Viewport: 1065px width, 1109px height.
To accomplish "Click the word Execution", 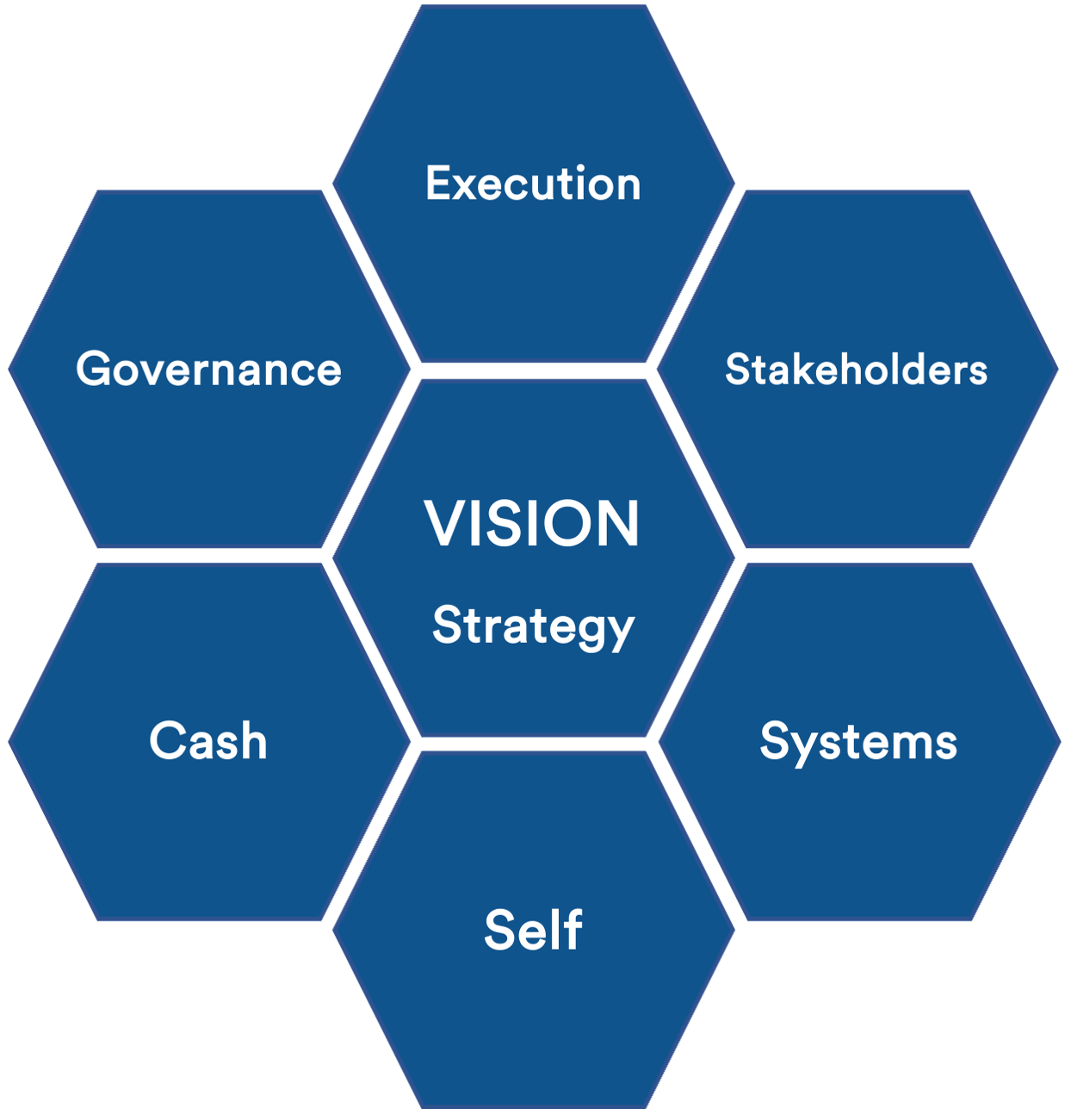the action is pyautogui.click(x=533, y=184).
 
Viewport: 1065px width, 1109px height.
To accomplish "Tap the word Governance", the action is pyautogui.click(x=208, y=370).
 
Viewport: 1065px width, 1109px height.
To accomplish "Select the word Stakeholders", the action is pyautogui.click(x=856, y=370).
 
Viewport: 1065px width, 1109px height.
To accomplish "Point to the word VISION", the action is pyautogui.click(x=532, y=523).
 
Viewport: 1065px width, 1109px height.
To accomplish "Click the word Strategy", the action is pyautogui.click(x=533, y=626).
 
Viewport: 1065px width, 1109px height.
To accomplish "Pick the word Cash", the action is pyautogui.click(x=208, y=741).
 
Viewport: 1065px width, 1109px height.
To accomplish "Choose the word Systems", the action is pyautogui.click(x=858, y=742).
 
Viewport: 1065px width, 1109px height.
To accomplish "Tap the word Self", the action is pyautogui.click(x=533, y=930).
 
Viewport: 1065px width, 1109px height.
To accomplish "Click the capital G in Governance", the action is pyautogui.click(x=95, y=370).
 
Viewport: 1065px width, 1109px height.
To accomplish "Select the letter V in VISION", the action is pyautogui.click(x=444, y=523).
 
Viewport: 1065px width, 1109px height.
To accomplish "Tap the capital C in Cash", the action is pyautogui.click(x=166, y=741).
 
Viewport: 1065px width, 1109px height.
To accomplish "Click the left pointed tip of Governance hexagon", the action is pyautogui.click(x=10, y=369).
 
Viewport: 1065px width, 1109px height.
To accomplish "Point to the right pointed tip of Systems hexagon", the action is pyautogui.click(x=1058, y=741).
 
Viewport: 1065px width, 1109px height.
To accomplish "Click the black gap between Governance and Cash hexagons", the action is pyautogui.click(x=209, y=556).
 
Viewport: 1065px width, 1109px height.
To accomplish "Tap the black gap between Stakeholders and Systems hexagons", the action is pyautogui.click(x=858, y=556).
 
